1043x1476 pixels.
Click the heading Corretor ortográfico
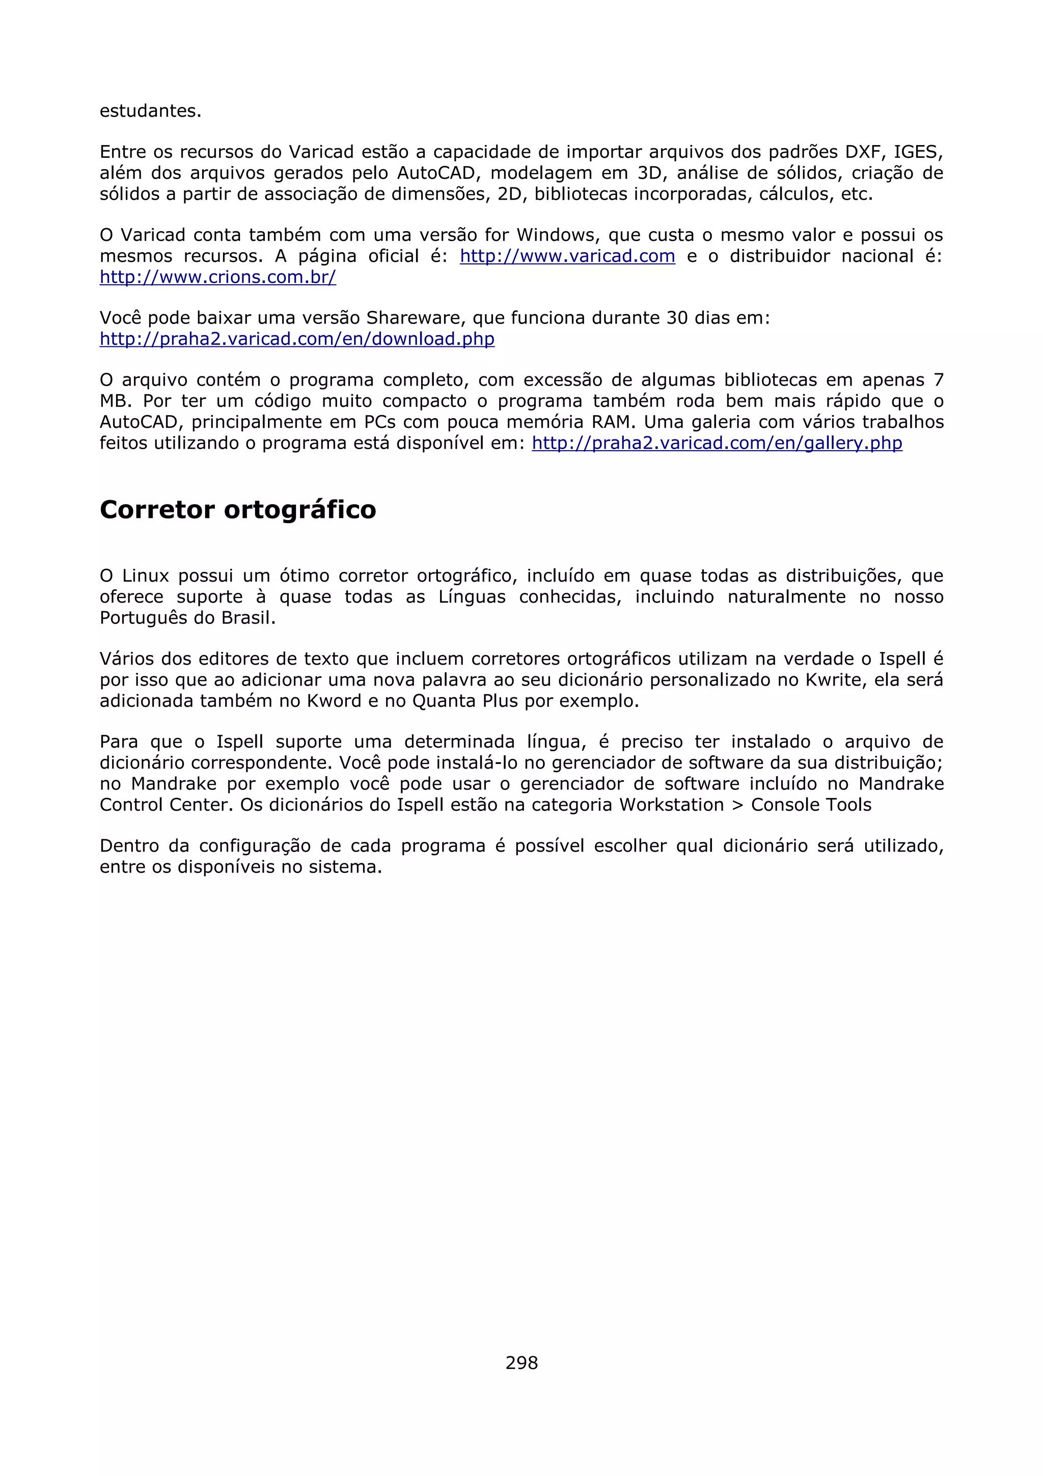238,510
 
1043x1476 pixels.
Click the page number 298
521,1362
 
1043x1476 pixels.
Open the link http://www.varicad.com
567,257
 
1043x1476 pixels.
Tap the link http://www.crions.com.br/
218,278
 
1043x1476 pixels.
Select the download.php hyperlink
297,339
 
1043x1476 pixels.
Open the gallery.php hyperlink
717,444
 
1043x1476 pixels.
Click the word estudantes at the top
150,111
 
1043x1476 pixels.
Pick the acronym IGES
916,152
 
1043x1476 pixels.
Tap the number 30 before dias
677,318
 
